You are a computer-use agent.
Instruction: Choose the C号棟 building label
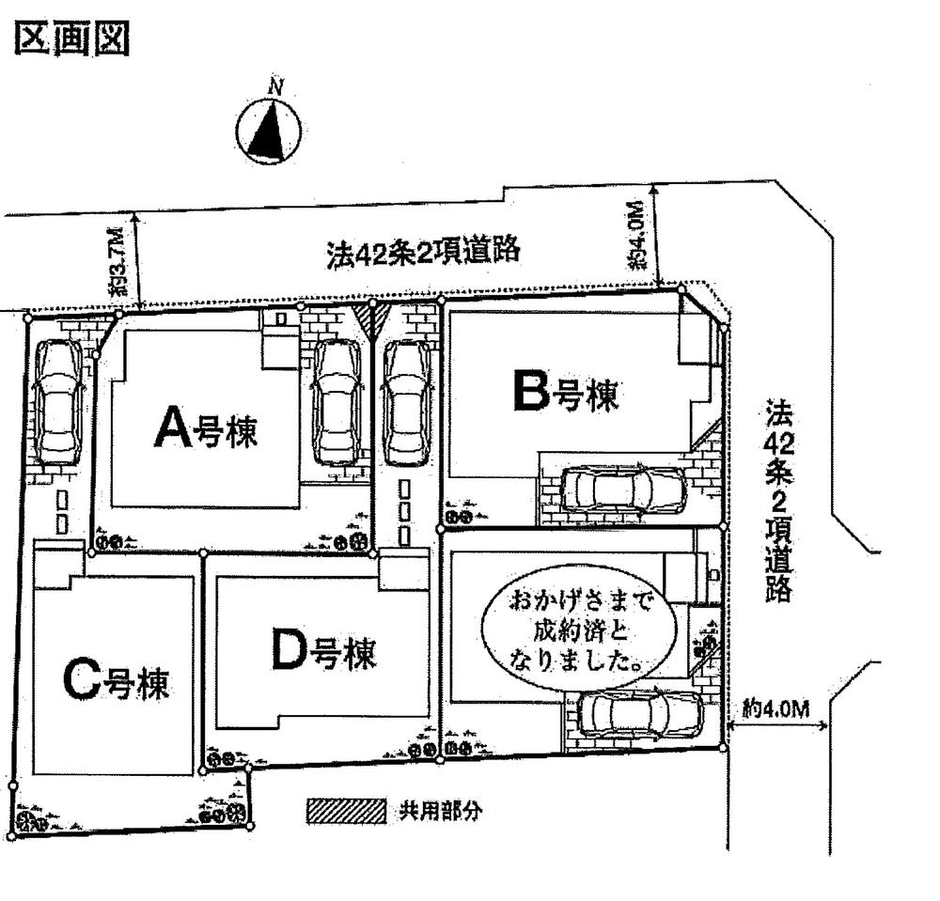117,683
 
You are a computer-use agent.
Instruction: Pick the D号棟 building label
322,653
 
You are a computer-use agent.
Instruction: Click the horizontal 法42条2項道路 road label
423,252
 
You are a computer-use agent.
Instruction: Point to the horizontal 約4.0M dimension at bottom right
776,710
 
